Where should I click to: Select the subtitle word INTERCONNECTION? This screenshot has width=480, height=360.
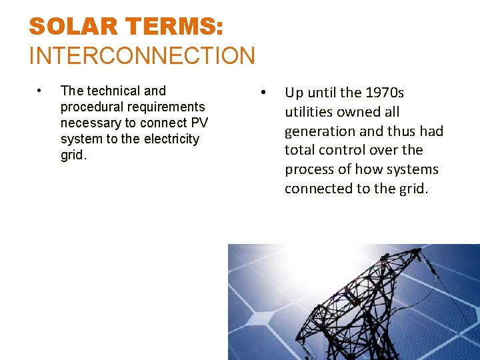pos(142,55)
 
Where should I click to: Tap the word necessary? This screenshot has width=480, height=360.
pos(90,123)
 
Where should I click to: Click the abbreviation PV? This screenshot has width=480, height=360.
pos(199,123)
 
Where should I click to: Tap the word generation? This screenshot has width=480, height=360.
pos(320,131)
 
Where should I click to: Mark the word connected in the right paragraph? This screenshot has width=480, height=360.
pos(319,189)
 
